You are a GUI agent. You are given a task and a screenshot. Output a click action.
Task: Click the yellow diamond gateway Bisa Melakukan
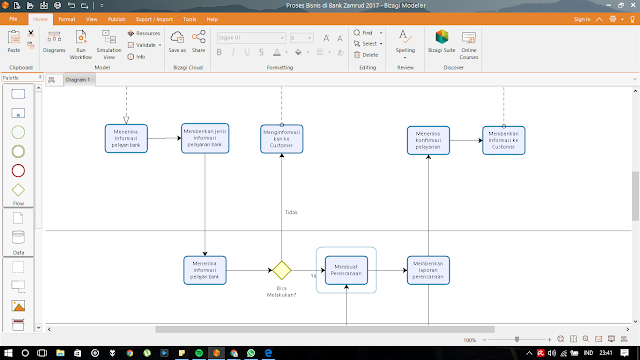pos(282,270)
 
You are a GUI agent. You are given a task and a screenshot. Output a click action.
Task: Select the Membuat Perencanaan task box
pos(345,270)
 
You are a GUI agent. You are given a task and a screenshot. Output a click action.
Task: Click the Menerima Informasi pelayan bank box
pos(127,138)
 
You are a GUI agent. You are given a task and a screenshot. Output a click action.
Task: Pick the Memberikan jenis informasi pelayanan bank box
pos(205,138)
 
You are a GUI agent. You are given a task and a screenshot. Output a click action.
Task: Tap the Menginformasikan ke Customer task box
pos(282,139)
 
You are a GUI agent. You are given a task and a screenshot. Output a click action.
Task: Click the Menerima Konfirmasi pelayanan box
pos(428,139)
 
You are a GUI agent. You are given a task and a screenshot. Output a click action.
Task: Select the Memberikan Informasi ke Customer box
pos(503,139)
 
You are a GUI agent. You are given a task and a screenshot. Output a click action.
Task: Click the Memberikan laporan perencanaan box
pos(428,270)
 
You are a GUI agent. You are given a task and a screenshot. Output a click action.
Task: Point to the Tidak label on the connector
pos(291,212)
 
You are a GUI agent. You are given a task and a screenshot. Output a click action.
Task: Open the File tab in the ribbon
pos(12,19)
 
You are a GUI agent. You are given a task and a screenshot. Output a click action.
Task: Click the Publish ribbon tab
pos(118,19)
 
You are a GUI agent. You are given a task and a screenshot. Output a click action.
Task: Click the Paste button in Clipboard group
pos(14,41)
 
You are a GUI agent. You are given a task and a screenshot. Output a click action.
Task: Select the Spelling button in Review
pos(405,42)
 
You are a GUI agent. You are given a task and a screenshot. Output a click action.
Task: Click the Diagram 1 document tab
pos(78,78)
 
